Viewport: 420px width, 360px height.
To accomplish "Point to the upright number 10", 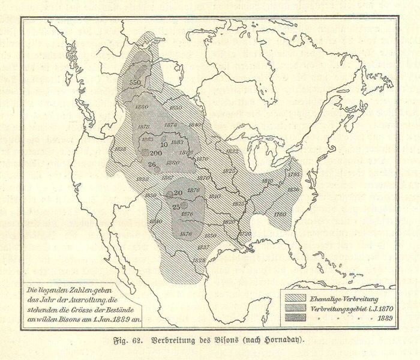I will click(x=164, y=144).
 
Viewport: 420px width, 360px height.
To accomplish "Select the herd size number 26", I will click(x=152, y=165).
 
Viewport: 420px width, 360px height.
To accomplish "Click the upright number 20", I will click(x=178, y=193).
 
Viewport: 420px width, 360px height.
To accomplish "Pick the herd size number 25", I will click(x=176, y=207).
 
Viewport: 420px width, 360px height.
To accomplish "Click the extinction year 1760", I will click(x=280, y=214).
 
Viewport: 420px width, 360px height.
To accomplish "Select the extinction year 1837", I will click(x=203, y=247).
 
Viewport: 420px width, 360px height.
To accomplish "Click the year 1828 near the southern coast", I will click(x=200, y=260).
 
